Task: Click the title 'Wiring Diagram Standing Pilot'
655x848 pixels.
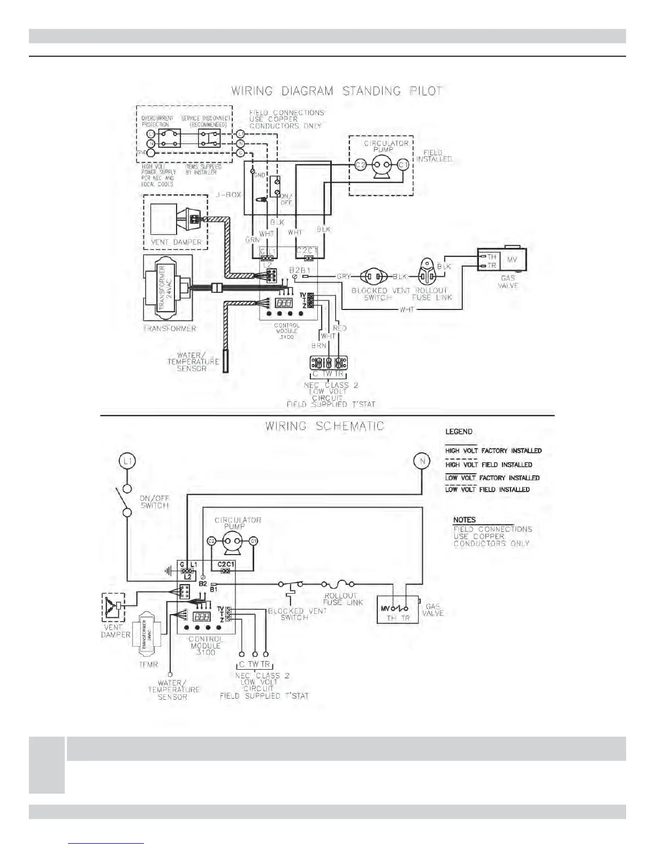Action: click(x=337, y=90)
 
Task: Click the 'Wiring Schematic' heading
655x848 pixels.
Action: click(x=325, y=427)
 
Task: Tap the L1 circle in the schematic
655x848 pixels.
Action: click(x=127, y=460)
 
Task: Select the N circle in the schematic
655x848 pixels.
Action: click(x=422, y=460)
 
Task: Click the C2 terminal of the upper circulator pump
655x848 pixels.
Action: click(x=361, y=165)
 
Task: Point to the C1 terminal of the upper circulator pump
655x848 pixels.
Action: click(x=403, y=165)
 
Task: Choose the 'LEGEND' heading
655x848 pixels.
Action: click(x=459, y=431)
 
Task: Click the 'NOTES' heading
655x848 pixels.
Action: click(x=464, y=520)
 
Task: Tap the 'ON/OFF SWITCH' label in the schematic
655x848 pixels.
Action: click(x=154, y=502)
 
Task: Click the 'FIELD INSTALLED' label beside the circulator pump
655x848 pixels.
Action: click(x=434, y=156)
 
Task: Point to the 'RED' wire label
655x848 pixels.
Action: click(x=340, y=328)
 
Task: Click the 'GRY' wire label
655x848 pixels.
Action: click(x=344, y=277)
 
